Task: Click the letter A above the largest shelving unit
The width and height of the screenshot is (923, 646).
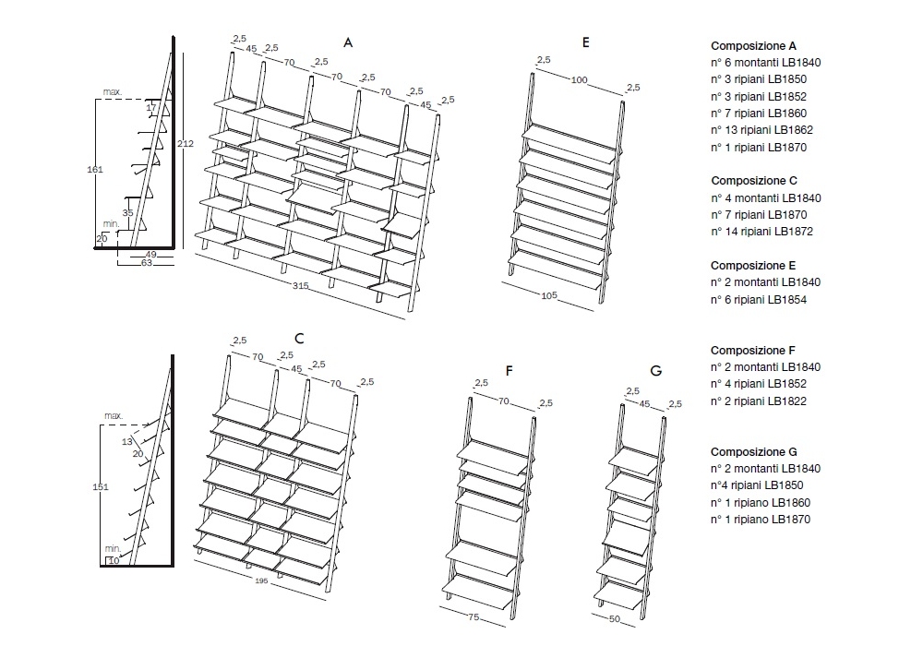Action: [348, 42]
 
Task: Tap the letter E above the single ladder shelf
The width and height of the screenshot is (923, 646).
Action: [586, 42]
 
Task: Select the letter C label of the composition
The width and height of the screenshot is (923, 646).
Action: [299, 339]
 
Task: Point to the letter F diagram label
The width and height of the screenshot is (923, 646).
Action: [509, 371]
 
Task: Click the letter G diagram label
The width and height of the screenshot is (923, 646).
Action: [655, 371]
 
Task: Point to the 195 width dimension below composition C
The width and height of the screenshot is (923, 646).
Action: [263, 580]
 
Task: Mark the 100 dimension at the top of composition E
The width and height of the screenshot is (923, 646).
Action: [579, 80]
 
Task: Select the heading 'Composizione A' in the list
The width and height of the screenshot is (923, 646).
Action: [753, 45]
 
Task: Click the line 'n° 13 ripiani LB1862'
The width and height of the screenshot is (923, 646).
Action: [761, 130]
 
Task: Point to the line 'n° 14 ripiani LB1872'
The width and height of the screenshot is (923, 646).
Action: [761, 232]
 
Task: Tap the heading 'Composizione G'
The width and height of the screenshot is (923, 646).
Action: [753, 451]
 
